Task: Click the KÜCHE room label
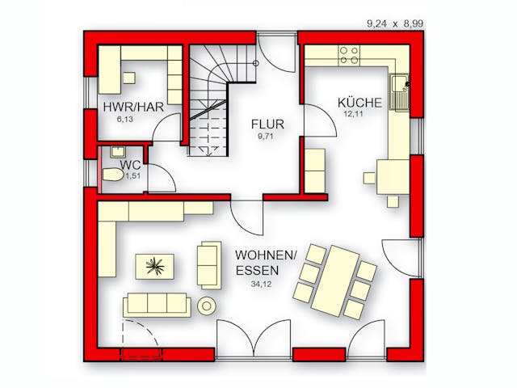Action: pyautogui.click(x=359, y=103)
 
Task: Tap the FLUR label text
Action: pyautogui.click(x=267, y=124)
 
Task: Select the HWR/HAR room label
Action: pyautogui.click(x=133, y=108)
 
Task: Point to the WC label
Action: pyautogui.click(x=131, y=165)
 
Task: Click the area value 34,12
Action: pyautogui.click(x=261, y=284)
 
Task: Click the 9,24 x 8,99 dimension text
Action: pyautogui.click(x=395, y=23)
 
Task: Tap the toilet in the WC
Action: pyautogui.click(x=113, y=175)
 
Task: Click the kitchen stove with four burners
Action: pyautogui.click(x=349, y=55)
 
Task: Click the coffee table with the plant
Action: pyautogui.click(x=154, y=267)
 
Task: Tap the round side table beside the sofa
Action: pyautogui.click(x=207, y=306)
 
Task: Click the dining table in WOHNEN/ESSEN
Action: pyautogui.click(x=335, y=280)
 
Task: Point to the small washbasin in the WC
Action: pyautogui.click(x=117, y=152)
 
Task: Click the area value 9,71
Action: pyautogui.click(x=266, y=136)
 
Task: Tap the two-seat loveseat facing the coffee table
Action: pyautogui.click(x=209, y=266)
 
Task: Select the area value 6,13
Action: pyautogui.click(x=125, y=119)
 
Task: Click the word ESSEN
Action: pyautogui.click(x=258, y=271)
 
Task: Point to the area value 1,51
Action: pyautogui.click(x=132, y=176)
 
